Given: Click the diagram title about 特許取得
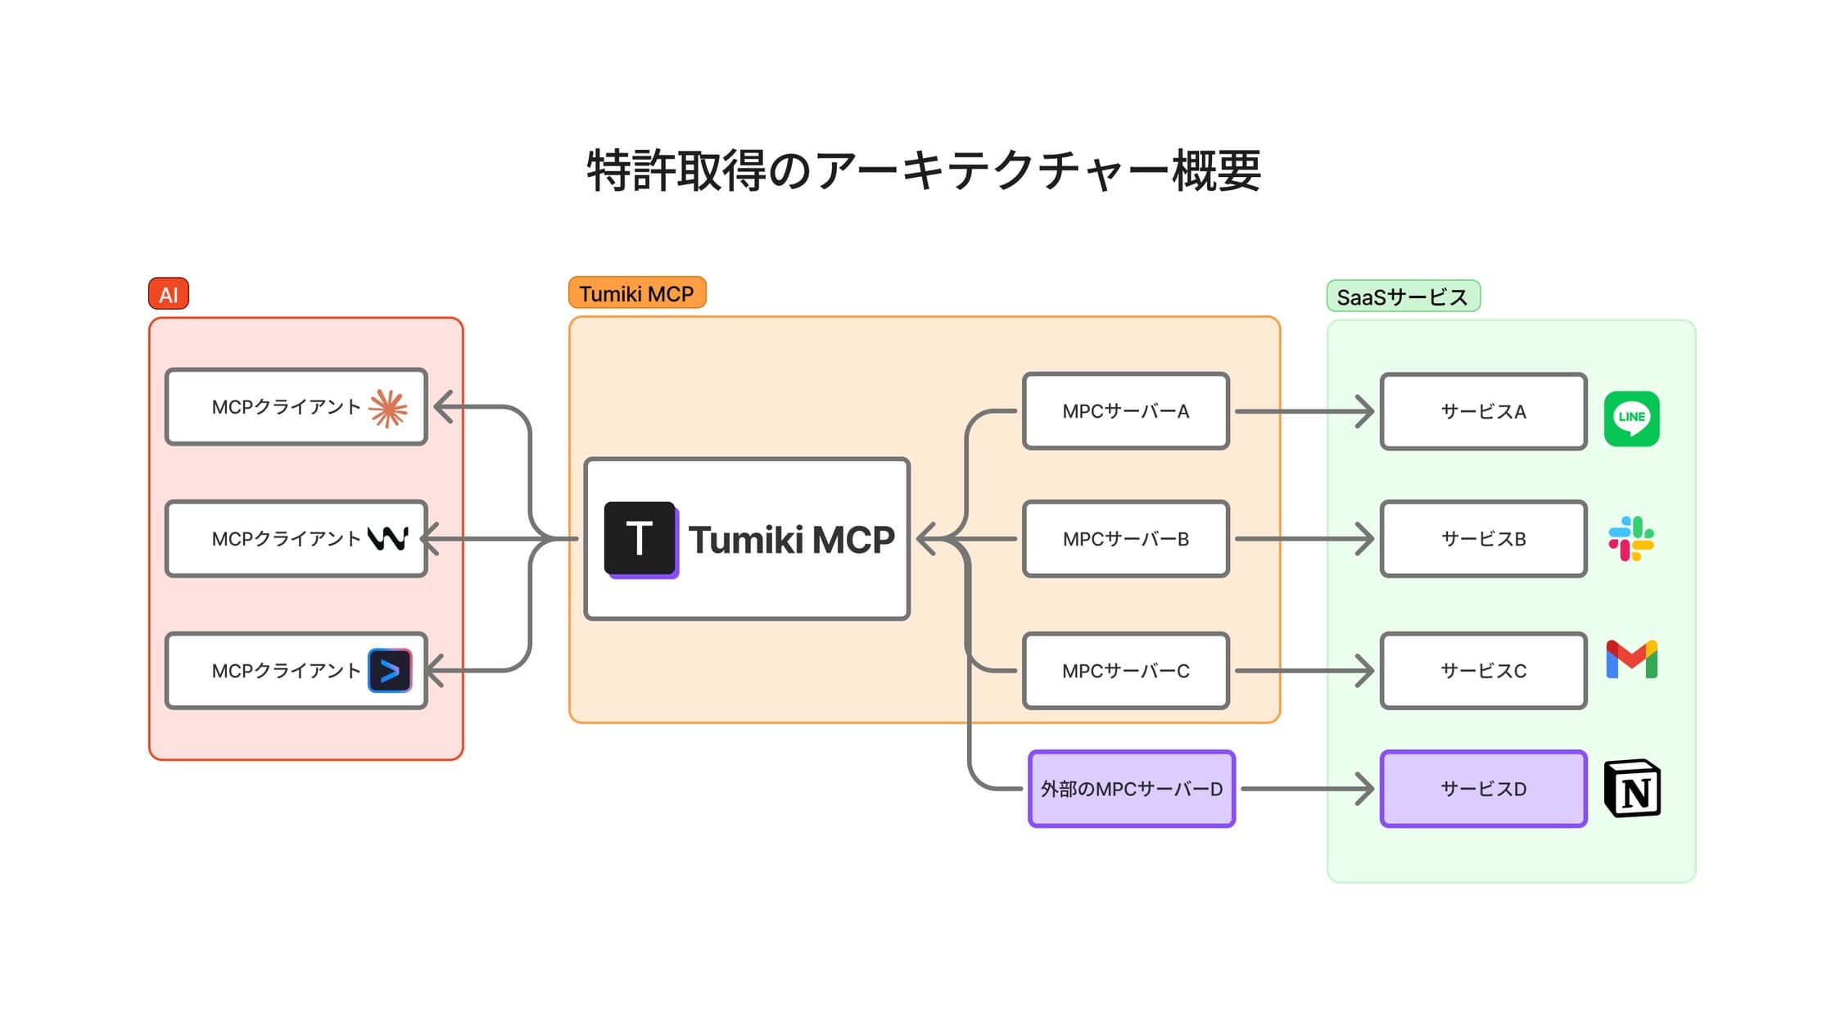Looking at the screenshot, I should point(923,171).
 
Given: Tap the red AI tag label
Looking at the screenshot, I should point(169,294).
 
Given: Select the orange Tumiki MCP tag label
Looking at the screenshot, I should point(636,293).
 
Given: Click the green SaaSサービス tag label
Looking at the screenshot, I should point(1402,296).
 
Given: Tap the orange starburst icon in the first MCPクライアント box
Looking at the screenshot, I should point(387,408).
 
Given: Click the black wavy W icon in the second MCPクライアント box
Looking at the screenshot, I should point(387,539).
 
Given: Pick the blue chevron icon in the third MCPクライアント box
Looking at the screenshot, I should point(390,671).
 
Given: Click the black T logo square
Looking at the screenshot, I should point(640,538).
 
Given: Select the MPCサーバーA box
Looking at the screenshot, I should point(1125,411).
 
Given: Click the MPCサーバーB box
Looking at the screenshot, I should point(1125,539).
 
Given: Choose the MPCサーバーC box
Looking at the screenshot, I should point(1125,671).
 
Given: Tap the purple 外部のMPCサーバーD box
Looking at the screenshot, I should point(1131,789).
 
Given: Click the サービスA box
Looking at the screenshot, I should point(1483,411).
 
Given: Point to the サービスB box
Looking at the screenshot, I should point(1483,539).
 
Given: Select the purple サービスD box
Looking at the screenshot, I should point(1483,789).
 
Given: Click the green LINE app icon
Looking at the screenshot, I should point(1631,419).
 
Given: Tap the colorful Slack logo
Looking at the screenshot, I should point(1631,539).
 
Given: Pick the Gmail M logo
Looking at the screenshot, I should point(1631,659).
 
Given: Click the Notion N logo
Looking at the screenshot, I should point(1632,789).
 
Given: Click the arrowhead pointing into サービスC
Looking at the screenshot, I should point(1366,671).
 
